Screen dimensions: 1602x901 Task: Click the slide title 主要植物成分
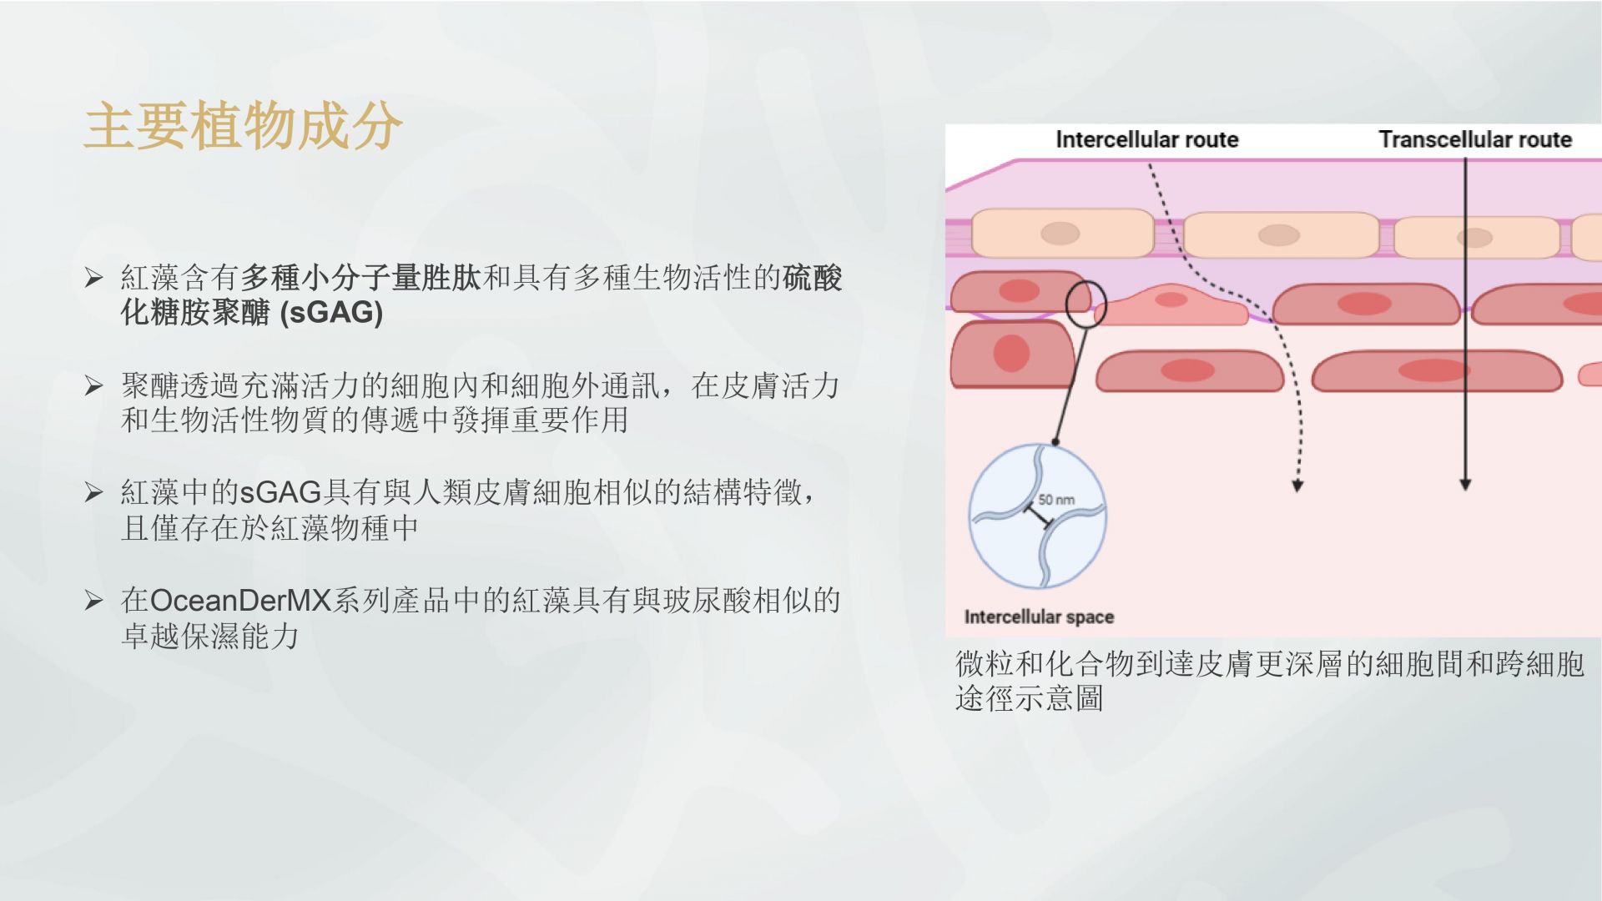tap(243, 126)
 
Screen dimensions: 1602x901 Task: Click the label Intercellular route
tap(1146, 139)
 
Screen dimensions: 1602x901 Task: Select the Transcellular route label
tap(1474, 139)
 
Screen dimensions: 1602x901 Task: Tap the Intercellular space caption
tap(1039, 617)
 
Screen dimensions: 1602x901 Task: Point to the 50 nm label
tap(1056, 500)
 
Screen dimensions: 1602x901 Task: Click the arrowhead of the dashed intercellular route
tap(1297, 485)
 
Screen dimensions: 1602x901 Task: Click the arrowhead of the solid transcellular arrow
tap(1465, 484)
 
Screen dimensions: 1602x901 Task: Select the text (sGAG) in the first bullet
tap(331, 313)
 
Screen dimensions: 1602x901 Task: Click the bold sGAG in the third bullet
tap(280, 492)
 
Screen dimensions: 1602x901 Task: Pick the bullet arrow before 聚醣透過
tap(93, 385)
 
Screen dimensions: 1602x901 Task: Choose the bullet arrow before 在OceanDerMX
tap(93, 601)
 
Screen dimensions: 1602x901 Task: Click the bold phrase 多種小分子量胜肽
tap(360, 278)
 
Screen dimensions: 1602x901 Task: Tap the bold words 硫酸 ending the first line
tap(813, 278)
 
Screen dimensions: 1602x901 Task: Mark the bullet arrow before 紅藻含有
tap(93, 278)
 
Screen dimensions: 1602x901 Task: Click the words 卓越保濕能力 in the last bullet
tap(210, 637)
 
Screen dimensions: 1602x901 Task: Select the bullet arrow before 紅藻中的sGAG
tap(93, 492)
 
